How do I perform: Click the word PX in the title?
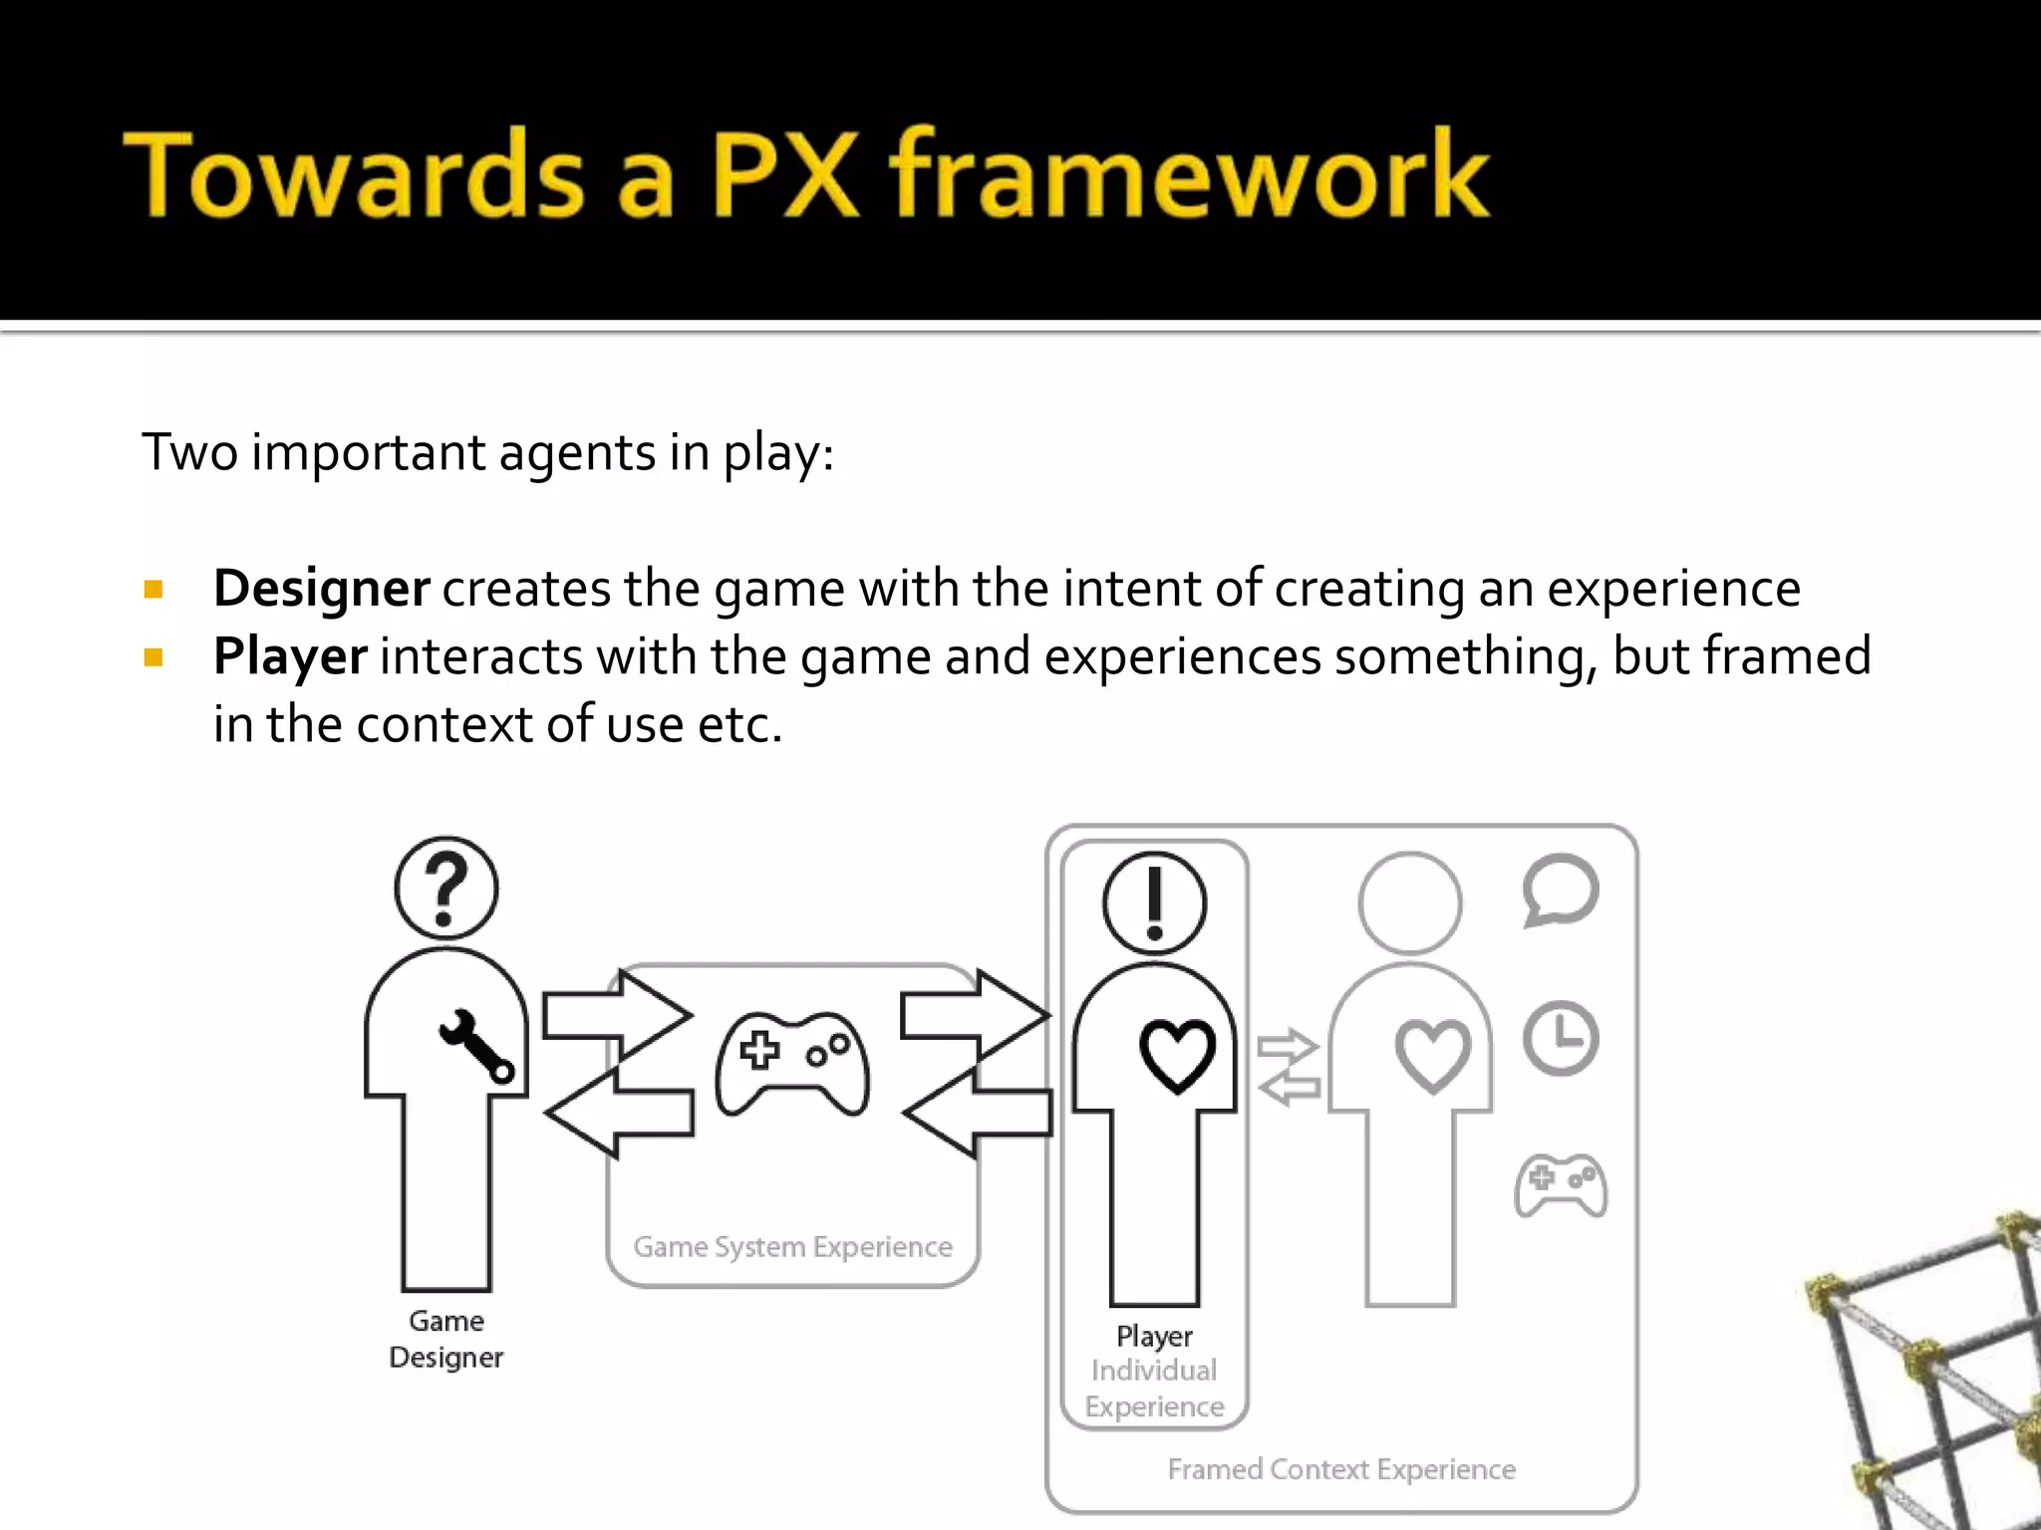click(784, 174)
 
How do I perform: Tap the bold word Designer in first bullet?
click(321, 588)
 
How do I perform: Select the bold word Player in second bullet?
click(290, 656)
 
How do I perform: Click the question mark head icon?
click(446, 888)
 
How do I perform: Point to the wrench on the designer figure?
click(477, 1046)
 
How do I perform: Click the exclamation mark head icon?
click(1154, 903)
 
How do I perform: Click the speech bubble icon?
click(1561, 890)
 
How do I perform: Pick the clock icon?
click(1561, 1038)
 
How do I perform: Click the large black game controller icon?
click(792, 1063)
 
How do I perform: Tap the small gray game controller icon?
click(1561, 1184)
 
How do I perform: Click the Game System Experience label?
click(792, 1247)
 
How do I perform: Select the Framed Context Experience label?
click(1341, 1469)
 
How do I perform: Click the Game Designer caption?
click(446, 1339)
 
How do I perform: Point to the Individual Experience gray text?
click(1154, 1389)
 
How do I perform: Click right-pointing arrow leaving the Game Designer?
click(616, 1016)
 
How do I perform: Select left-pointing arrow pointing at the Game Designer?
click(618, 1113)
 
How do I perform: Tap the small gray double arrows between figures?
click(1289, 1067)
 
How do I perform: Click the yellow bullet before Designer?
click(153, 590)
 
